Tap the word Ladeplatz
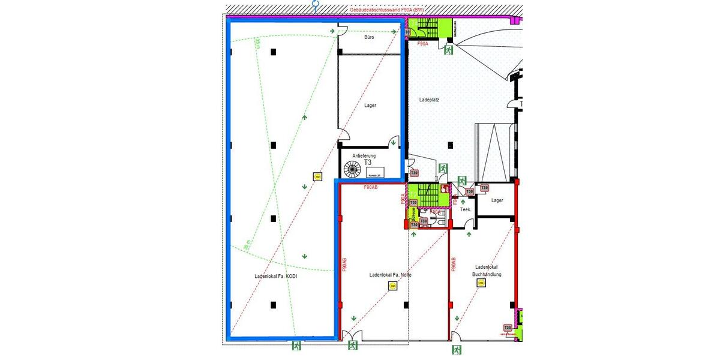429,100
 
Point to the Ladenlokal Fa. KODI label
276,277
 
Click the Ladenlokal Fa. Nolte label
391,275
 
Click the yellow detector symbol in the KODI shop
317,176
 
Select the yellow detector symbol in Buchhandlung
481,283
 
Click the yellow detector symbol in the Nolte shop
392,286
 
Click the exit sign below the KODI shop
296,346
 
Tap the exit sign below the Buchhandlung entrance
457,349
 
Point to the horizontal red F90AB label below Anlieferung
371,188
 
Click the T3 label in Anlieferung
368,162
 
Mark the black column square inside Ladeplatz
450,144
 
